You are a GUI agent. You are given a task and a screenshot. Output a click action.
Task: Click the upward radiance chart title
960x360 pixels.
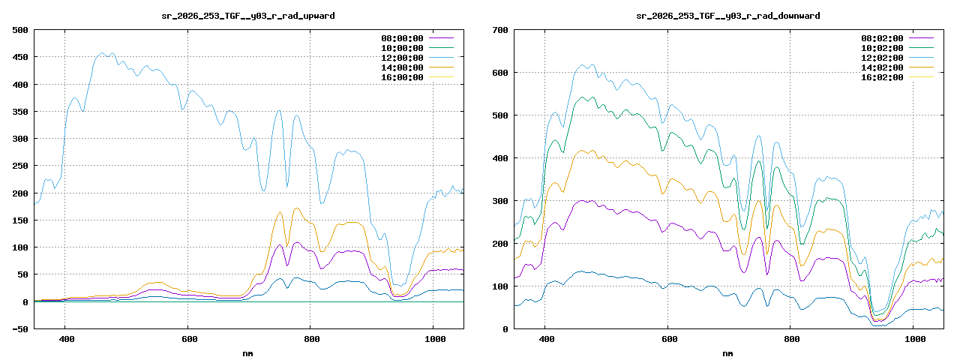(248, 16)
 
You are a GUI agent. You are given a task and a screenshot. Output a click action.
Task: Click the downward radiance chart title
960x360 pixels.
(728, 16)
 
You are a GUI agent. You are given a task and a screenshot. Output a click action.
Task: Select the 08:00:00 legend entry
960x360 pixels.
(402, 38)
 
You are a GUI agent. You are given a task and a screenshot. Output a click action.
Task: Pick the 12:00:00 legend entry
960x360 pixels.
(402, 58)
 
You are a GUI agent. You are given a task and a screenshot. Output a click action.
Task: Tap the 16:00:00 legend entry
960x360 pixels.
(402, 77)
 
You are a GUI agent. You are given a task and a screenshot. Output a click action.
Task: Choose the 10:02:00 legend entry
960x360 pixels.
(882, 48)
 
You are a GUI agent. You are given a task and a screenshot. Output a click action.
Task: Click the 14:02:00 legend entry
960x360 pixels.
(882, 67)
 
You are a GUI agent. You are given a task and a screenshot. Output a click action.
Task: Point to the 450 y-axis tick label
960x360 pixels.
(20, 57)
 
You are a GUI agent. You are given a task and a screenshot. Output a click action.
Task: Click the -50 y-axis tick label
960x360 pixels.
(20, 329)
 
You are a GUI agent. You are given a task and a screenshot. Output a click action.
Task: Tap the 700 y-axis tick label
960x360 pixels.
(500, 30)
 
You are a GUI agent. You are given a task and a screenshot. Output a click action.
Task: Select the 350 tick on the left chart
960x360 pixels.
(20, 112)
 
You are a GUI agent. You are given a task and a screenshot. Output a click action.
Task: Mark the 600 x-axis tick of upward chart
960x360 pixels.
(189, 340)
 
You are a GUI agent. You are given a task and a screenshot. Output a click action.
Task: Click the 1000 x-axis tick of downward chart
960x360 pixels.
(914, 340)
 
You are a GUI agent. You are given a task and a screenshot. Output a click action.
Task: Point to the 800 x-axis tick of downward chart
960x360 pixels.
(791, 340)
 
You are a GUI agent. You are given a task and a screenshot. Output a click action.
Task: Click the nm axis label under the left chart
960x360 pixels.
(247, 354)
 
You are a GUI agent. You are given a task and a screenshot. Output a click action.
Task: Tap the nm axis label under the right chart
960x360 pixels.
(727, 354)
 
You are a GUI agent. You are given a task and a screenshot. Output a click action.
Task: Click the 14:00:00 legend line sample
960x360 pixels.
(441, 67)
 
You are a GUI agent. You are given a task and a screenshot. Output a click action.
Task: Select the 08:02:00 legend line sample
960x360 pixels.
(921, 38)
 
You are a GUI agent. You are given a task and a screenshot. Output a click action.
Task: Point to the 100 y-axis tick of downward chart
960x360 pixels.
(500, 286)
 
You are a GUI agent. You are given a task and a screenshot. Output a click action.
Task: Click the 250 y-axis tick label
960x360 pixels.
(20, 166)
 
